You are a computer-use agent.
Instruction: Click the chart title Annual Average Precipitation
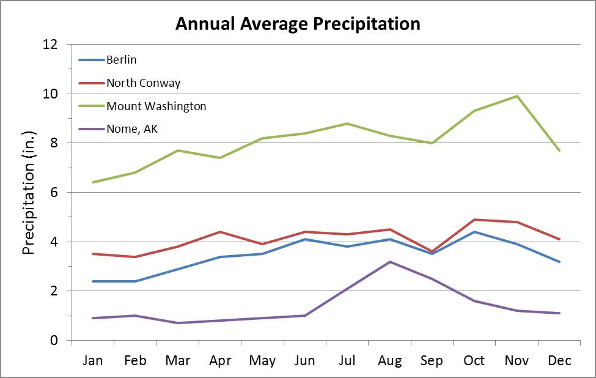[298, 24]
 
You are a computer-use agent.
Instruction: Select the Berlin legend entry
[121, 60]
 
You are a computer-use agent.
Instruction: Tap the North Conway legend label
[143, 83]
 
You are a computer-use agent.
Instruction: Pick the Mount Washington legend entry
[156, 106]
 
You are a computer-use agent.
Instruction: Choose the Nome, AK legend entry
[132, 129]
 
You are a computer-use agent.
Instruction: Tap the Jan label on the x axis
[93, 361]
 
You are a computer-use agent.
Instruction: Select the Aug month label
[389, 361]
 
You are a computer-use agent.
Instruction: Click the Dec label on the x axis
[559, 361]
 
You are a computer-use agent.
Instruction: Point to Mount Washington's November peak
[517, 96]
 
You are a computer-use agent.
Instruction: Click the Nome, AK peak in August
[389, 262]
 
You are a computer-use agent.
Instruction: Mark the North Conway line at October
[474, 219]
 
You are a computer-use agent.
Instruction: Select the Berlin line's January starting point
[93, 281]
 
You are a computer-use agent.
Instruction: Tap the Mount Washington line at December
[559, 150]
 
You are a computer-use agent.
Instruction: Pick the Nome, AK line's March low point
[178, 323]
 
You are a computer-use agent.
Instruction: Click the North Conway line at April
[220, 232]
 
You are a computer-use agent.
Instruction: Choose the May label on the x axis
[262, 361]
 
